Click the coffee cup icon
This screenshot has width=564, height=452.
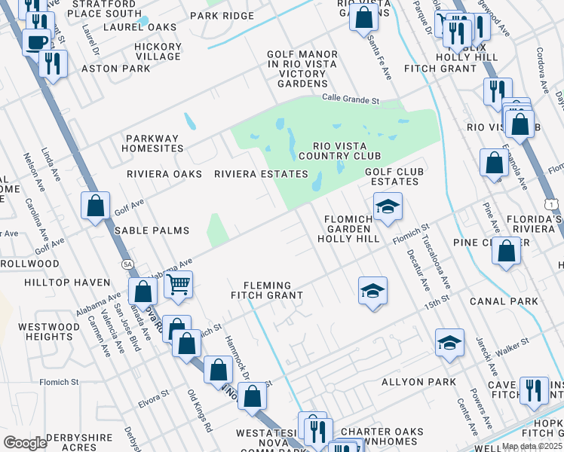(35, 42)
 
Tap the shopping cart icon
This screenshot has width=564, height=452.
(179, 284)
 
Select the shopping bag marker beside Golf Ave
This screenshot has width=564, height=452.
(96, 206)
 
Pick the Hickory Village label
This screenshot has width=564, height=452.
(158, 51)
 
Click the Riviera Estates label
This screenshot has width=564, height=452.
(261, 174)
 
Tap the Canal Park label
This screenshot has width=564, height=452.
(504, 301)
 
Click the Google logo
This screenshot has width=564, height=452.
(25, 443)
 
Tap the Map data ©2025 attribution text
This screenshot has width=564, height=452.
(532, 446)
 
